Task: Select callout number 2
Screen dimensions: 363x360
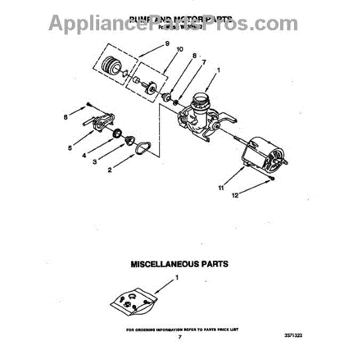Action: pos(110,171)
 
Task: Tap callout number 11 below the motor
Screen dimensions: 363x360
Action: pos(221,189)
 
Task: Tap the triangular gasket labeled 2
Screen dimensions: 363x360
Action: pos(143,148)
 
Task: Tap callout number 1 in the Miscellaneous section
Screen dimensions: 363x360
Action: pos(177,277)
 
